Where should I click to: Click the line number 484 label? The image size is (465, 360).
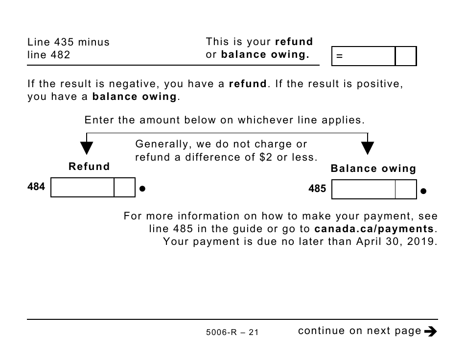point(36,187)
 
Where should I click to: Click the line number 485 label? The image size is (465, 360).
point(317,189)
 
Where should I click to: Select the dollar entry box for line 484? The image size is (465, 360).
point(82,187)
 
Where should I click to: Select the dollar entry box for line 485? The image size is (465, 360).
point(363,189)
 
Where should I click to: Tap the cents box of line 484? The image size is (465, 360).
point(124,187)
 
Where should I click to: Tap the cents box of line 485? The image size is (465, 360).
point(406,189)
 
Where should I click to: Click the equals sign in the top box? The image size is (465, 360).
point(339,56)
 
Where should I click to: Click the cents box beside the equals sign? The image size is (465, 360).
point(405,56)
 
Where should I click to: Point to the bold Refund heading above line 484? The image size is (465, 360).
point(90,167)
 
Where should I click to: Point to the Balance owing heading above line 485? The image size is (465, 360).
point(373,169)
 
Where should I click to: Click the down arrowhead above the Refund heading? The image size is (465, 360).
point(87,148)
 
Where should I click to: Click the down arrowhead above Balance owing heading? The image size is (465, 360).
point(368,148)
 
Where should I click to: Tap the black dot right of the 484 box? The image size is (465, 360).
point(142,188)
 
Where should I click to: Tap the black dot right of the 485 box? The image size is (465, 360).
point(423,191)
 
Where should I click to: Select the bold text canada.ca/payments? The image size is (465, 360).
point(374,229)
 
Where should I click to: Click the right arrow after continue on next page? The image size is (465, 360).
point(431,332)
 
